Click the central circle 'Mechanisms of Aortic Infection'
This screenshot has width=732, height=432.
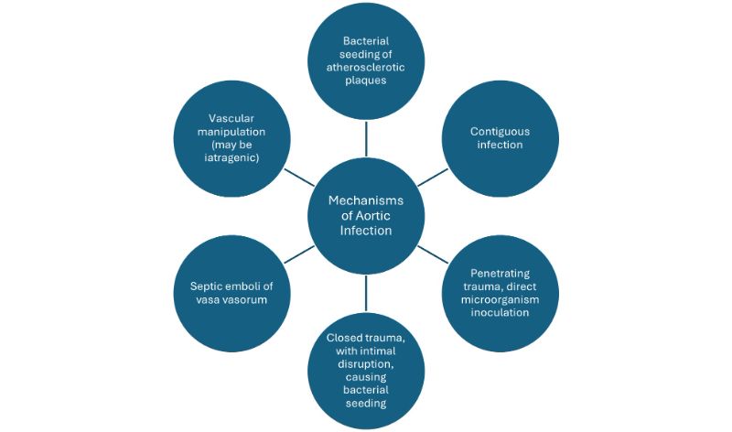click(365, 216)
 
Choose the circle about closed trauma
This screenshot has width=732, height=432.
click(365, 371)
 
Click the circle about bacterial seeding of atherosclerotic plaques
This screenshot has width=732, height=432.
click(365, 60)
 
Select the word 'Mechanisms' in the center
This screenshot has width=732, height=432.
click(366, 200)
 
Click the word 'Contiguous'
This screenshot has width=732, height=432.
click(500, 131)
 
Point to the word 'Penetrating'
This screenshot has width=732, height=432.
click(500, 273)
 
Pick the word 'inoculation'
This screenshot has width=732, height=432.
click(500, 312)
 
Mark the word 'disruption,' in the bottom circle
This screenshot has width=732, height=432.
click(365, 364)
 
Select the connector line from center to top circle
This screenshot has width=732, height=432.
click(365, 140)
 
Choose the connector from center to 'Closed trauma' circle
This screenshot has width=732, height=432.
click(365, 291)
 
